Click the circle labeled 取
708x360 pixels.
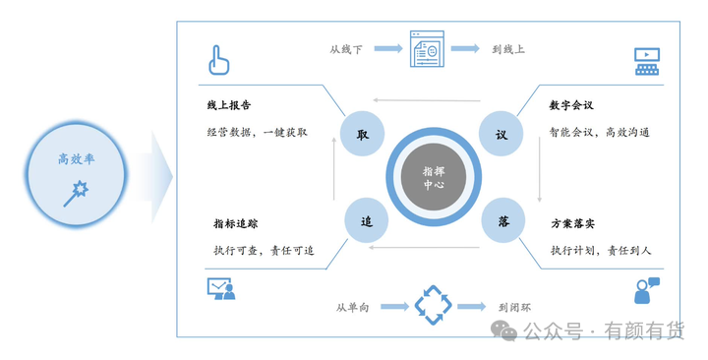pyautogui.click(x=362, y=135)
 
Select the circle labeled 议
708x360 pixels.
pyautogui.click(x=501, y=135)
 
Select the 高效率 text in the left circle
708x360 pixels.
pyautogui.click(x=76, y=158)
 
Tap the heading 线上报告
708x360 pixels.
pyautogui.click(x=231, y=104)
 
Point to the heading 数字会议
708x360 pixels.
pyautogui.click(x=574, y=104)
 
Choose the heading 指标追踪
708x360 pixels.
pyautogui.click(x=236, y=223)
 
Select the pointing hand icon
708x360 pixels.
pyautogui.click(x=218, y=61)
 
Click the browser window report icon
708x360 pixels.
pyautogui.click(x=428, y=49)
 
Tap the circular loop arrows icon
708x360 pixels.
pyautogui.click(x=432, y=305)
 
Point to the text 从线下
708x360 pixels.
pyautogui.click(x=347, y=48)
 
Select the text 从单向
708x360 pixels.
pyautogui.click(x=353, y=308)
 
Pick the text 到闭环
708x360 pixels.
pyautogui.click(x=515, y=308)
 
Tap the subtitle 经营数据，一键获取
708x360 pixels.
pyautogui.click(x=257, y=131)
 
